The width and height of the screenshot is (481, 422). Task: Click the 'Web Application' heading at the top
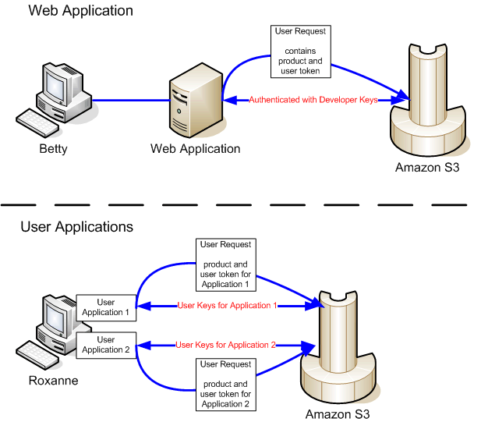coord(80,11)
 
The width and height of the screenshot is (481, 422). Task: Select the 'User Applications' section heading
coord(76,227)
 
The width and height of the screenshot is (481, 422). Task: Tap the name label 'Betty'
coord(53,149)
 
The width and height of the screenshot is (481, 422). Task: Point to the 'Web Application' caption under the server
coord(195,149)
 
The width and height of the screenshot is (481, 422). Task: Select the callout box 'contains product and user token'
coord(301,51)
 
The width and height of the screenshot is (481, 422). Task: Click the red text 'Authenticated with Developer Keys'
coord(313,100)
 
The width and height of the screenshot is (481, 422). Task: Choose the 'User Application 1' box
coord(105,307)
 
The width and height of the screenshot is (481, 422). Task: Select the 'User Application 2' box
coord(105,345)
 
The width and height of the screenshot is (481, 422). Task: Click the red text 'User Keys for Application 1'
coord(227,306)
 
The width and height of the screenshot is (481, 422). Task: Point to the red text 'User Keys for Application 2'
coord(226,344)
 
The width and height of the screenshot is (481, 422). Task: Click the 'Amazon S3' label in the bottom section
coord(337,413)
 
